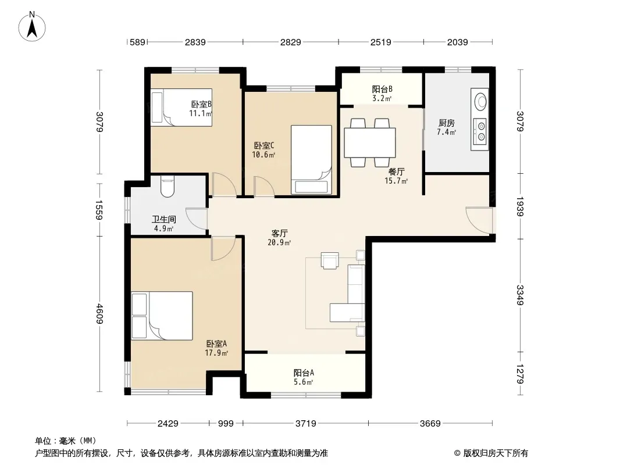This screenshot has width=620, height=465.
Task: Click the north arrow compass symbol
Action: [x=32, y=27]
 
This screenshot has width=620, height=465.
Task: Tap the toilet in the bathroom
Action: [x=168, y=187]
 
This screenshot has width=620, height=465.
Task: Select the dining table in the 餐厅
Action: [x=370, y=142]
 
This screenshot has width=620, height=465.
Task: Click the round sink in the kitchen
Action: [x=480, y=101]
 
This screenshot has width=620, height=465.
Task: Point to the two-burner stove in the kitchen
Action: [x=480, y=131]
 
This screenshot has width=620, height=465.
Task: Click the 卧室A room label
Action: [x=216, y=344]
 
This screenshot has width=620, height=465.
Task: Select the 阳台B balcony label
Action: [x=382, y=90]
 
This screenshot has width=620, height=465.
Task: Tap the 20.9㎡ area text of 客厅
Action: [x=279, y=242]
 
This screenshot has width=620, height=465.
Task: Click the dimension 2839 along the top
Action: [x=195, y=42]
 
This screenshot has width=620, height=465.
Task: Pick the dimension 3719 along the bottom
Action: [x=306, y=424]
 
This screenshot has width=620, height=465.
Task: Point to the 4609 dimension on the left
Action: [x=99, y=314]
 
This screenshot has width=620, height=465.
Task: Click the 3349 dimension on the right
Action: [x=519, y=295]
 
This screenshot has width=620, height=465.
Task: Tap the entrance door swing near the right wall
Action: [x=479, y=220]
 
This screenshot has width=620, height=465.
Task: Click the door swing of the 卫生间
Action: [x=197, y=219]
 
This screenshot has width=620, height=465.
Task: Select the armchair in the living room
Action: [x=330, y=261]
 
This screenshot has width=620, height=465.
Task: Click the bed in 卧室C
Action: [x=311, y=160]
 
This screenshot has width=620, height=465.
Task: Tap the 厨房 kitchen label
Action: [x=447, y=123]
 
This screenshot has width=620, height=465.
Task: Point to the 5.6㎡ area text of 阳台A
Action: [x=303, y=382]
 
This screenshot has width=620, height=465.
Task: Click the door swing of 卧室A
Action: [x=223, y=249]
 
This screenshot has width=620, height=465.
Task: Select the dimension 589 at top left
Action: [x=138, y=42]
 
